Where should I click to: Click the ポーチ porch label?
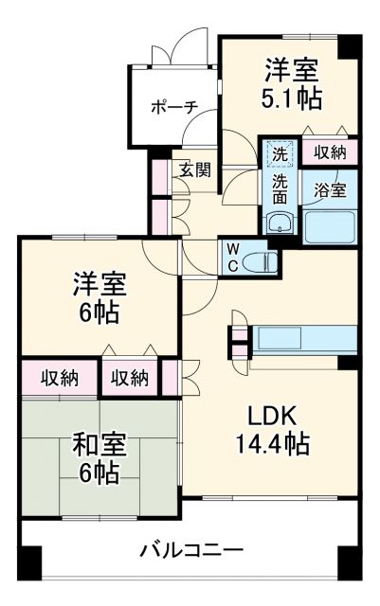tap(172, 107)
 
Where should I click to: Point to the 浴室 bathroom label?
tap(330, 188)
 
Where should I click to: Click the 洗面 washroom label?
tap(279, 189)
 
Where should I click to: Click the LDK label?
tap(274, 415)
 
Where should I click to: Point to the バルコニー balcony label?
tap(192, 550)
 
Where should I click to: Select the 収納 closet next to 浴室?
tap(330, 151)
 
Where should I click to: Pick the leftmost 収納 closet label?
tap(59, 379)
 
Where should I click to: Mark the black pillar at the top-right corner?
tap(352, 45)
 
